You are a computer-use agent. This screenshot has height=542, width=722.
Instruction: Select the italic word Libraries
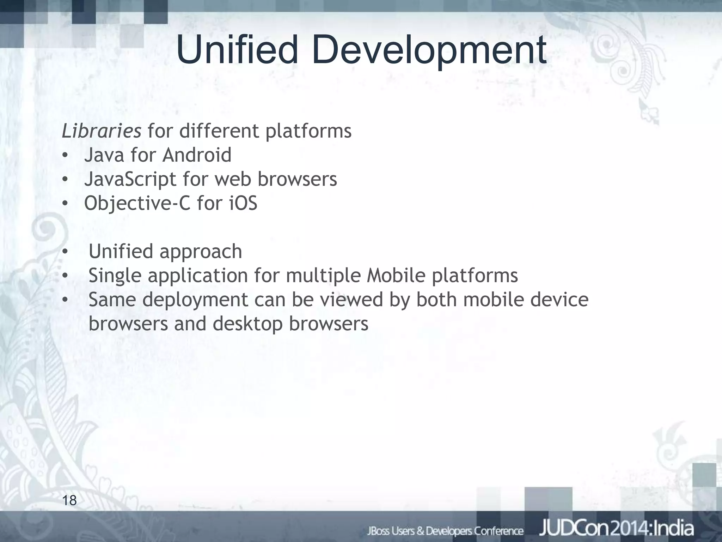[x=102, y=131]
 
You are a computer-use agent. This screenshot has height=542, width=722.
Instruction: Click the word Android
[x=197, y=155]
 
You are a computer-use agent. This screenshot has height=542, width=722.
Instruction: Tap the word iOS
[x=243, y=203]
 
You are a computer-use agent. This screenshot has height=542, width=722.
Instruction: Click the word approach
[x=201, y=252]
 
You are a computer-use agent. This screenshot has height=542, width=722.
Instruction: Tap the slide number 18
[x=69, y=500]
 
